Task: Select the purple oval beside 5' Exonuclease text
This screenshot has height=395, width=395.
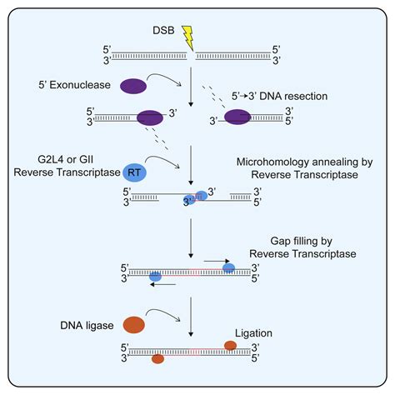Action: (134, 85)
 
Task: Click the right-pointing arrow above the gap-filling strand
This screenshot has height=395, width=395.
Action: (216, 260)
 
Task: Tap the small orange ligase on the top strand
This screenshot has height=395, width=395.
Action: (230, 344)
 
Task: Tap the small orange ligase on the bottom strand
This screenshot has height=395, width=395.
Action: (157, 359)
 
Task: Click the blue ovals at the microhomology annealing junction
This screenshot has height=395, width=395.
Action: (197, 197)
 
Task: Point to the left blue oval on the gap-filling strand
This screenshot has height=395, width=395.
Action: (155, 274)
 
